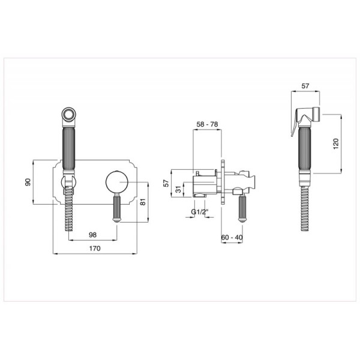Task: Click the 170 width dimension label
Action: pos(95,248)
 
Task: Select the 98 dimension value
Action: pos(93,235)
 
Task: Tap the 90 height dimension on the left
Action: pos(28,182)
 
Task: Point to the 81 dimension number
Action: pos(143,202)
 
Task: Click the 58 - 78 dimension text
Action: pos(207,124)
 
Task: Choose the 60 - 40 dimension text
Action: pos(232,238)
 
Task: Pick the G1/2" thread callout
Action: pos(200,212)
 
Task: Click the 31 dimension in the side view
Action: pos(178,190)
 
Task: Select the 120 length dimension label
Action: pos(335,144)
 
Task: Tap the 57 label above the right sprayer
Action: pos(305,86)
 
